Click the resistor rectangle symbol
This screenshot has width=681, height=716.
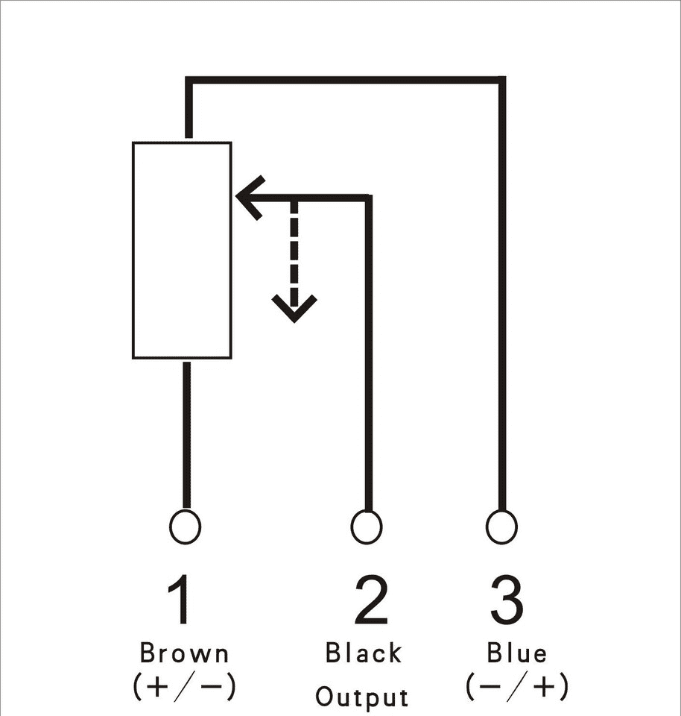point(182,251)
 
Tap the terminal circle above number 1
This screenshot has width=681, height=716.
point(185,527)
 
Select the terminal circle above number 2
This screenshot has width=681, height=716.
point(367,527)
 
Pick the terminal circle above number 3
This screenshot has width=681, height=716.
point(501,527)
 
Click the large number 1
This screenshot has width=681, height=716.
point(179,599)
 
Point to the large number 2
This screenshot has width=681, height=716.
point(371,599)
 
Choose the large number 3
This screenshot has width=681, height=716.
point(507,599)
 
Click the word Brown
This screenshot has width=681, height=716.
point(184,653)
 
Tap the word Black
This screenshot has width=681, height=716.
point(364,653)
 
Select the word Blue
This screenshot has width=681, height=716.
point(516,653)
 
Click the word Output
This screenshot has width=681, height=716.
point(361,697)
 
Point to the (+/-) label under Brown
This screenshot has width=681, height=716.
point(184,686)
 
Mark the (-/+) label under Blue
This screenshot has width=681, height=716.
point(517,685)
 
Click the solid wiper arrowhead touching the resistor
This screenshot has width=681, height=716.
point(250,197)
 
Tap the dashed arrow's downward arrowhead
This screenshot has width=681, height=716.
point(294,309)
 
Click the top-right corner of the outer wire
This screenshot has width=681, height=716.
point(501,81)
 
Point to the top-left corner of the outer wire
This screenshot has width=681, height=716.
point(189,81)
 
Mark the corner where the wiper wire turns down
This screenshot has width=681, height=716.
point(369,198)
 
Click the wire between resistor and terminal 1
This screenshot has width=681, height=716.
point(186,435)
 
